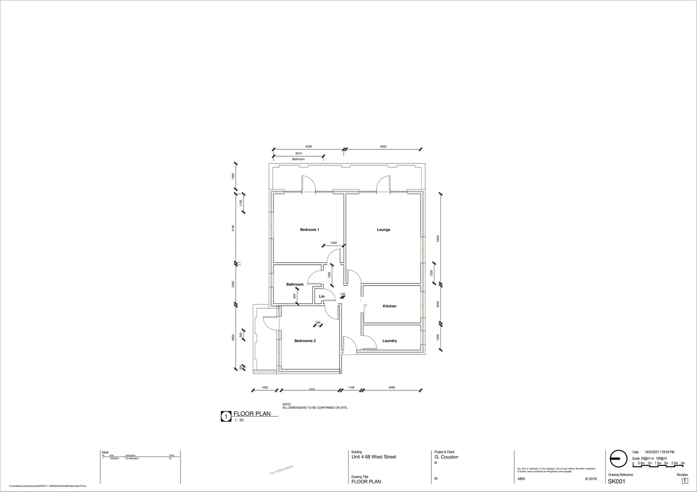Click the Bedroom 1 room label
pyautogui.click(x=310, y=230)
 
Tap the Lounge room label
pyautogui.click(x=383, y=230)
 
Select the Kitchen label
pyautogui.click(x=389, y=306)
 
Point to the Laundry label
pyautogui.click(x=389, y=341)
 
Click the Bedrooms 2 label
pyautogui.click(x=305, y=341)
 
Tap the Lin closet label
pyautogui.click(x=321, y=297)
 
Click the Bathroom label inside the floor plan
pyautogui.click(x=294, y=284)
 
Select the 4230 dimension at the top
pyautogui.click(x=309, y=147)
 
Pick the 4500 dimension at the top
pyautogui.click(x=383, y=147)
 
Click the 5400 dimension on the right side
pyautogui.click(x=438, y=239)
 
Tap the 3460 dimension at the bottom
pyautogui.click(x=392, y=387)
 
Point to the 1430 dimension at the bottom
pyautogui.click(x=265, y=387)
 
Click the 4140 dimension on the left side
pyautogui.click(x=232, y=228)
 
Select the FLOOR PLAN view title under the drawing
pyautogui.click(x=252, y=414)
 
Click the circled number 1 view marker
pyautogui.click(x=226, y=416)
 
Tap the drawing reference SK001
pyautogui.click(x=616, y=482)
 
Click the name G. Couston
pyautogui.click(x=446, y=457)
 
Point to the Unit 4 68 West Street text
pyautogui.click(x=374, y=457)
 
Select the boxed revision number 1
pyautogui.click(x=685, y=481)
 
